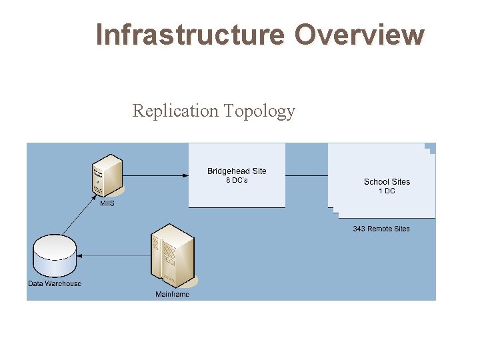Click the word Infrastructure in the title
point(191,34)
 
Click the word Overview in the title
point(359,34)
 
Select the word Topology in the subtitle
point(259,111)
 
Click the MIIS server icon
point(107,175)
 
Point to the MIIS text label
point(107,203)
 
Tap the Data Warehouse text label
point(55,284)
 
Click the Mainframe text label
point(172,294)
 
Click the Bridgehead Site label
point(237,171)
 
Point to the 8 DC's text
point(237,181)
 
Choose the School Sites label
point(387,181)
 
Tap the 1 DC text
point(387,191)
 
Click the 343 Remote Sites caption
point(381,229)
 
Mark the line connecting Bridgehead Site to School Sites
point(307,175)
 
